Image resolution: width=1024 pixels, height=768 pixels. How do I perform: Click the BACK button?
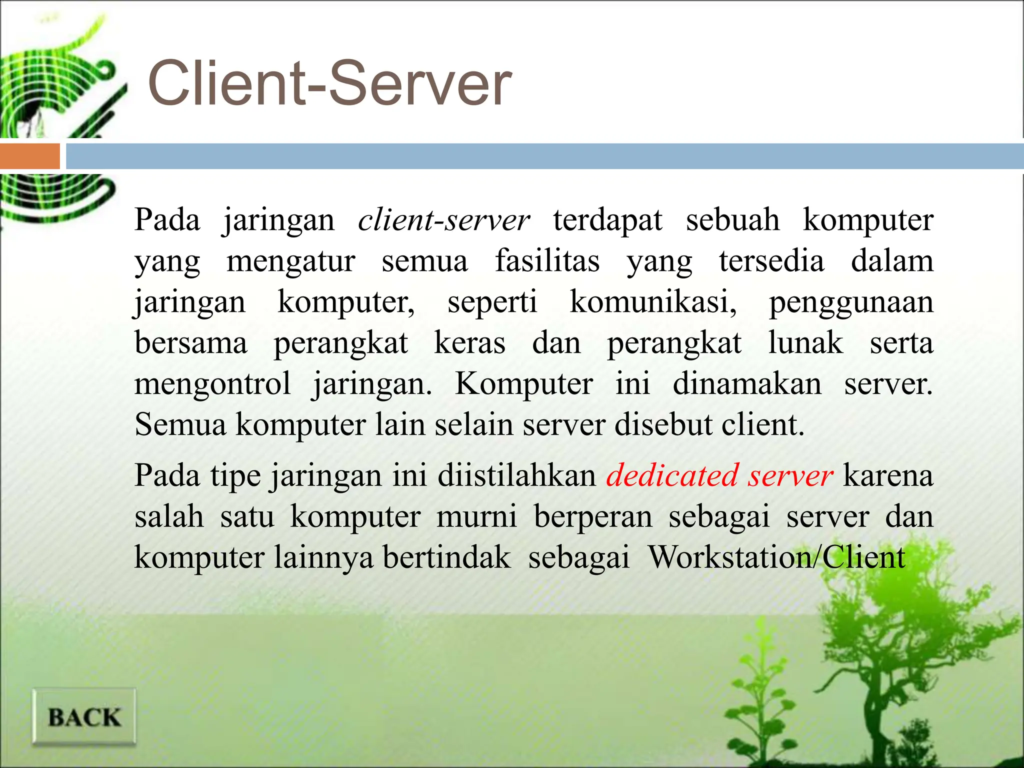click(x=84, y=717)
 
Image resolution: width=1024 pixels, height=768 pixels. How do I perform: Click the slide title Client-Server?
click(x=330, y=83)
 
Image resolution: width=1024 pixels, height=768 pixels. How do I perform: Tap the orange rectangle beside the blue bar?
click(x=29, y=156)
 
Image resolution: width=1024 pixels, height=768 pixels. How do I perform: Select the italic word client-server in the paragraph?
click(x=444, y=220)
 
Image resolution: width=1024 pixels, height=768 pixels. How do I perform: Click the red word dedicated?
click(x=672, y=475)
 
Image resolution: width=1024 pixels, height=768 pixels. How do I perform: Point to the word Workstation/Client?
click(x=776, y=557)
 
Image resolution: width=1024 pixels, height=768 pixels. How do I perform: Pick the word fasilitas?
click(x=547, y=261)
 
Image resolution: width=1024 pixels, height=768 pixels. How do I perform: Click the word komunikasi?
click(x=653, y=302)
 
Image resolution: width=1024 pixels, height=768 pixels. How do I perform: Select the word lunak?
click(x=805, y=343)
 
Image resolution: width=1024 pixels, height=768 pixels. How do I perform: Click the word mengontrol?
click(x=212, y=384)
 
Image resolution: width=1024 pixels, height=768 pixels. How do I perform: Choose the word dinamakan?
click(x=747, y=384)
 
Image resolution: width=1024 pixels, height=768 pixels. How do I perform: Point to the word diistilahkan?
click(x=516, y=475)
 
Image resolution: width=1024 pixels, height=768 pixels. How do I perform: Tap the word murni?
click(x=476, y=516)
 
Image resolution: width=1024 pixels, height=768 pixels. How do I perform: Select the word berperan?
click(x=593, y=517)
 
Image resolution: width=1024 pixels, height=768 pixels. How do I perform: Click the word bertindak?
click(x=447, y=557)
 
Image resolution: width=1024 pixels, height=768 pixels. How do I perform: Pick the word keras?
click(x=469, y=343)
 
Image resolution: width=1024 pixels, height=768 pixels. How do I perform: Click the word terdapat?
click(x=607, y=220)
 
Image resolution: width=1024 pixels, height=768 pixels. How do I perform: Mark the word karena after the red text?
click(x=888, y=475)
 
